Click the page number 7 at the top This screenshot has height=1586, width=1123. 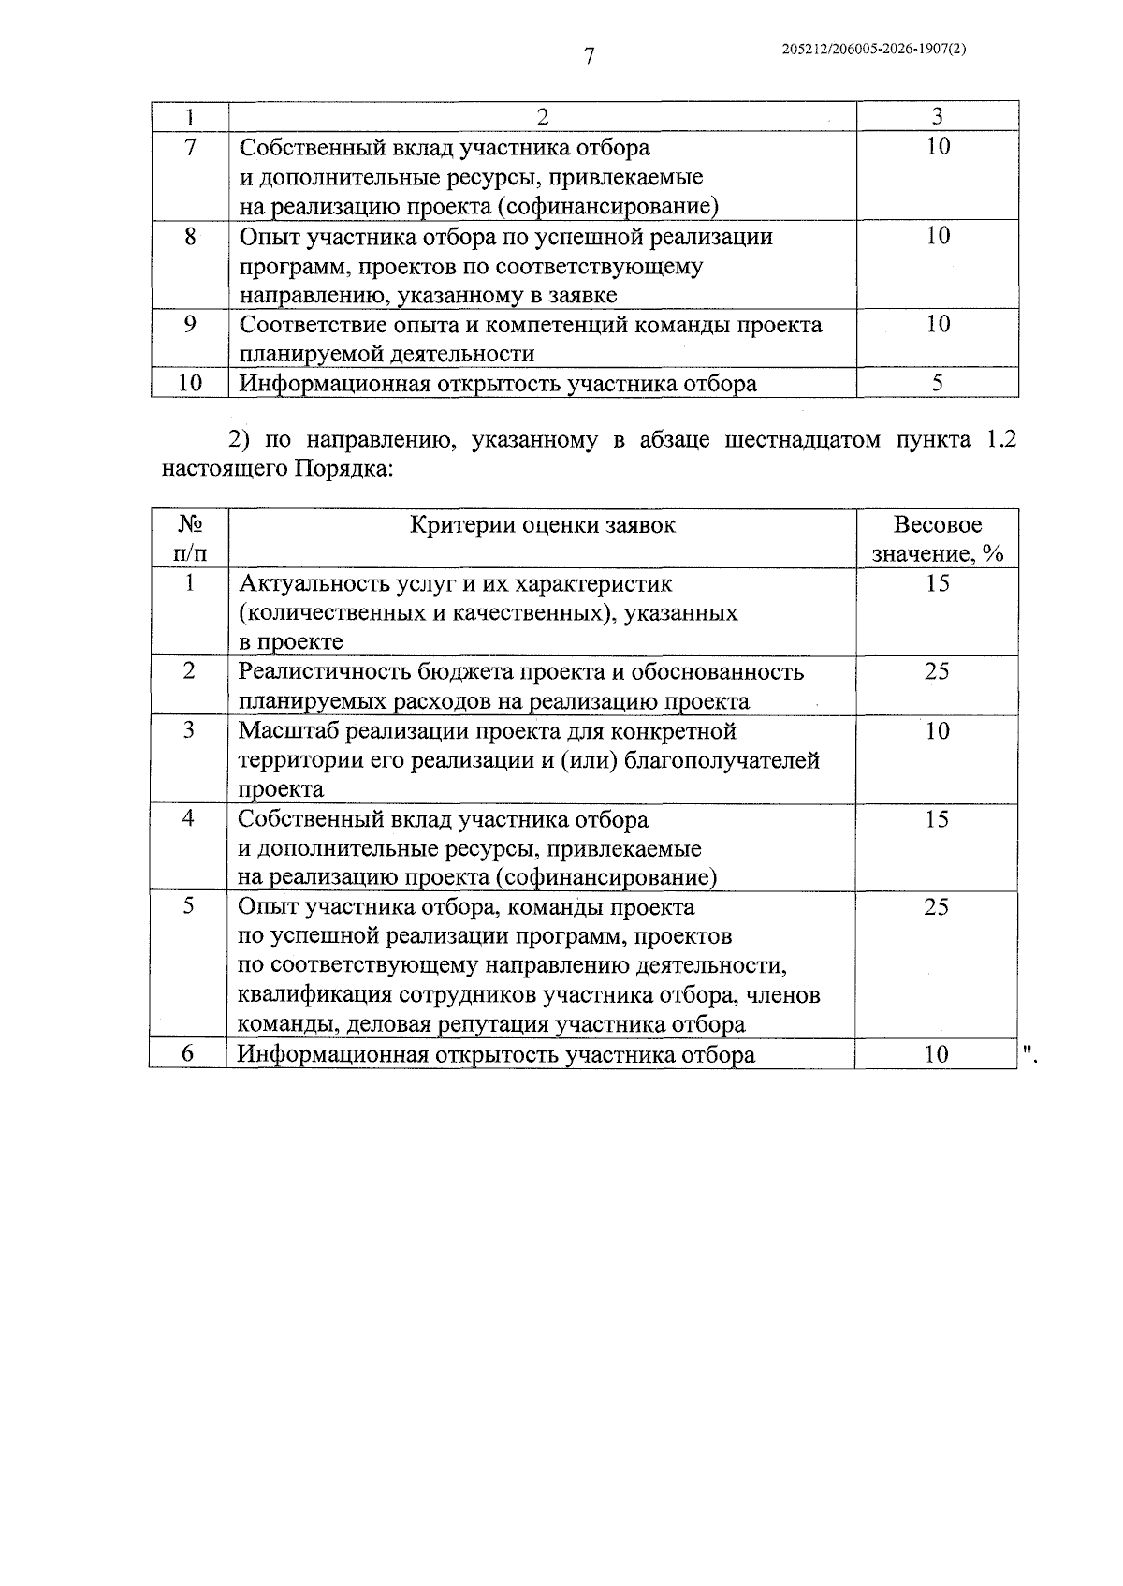coord(589,57)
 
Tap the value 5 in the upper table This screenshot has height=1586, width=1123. coord(938,383)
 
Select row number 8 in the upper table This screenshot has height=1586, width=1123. coord(190,236)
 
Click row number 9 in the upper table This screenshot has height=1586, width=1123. coord(190,324)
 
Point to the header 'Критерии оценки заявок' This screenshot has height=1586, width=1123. coord(543,524)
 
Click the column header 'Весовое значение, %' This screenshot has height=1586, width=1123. coord(938,538)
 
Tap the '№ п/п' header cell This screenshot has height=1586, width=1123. coord(190,538)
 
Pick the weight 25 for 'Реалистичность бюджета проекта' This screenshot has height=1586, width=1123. coord(937,671)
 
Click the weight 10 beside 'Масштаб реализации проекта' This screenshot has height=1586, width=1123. coord(937,730)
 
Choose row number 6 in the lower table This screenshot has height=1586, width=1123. coord(188,1053)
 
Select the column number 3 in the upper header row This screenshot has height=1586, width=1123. coord(938,116)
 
